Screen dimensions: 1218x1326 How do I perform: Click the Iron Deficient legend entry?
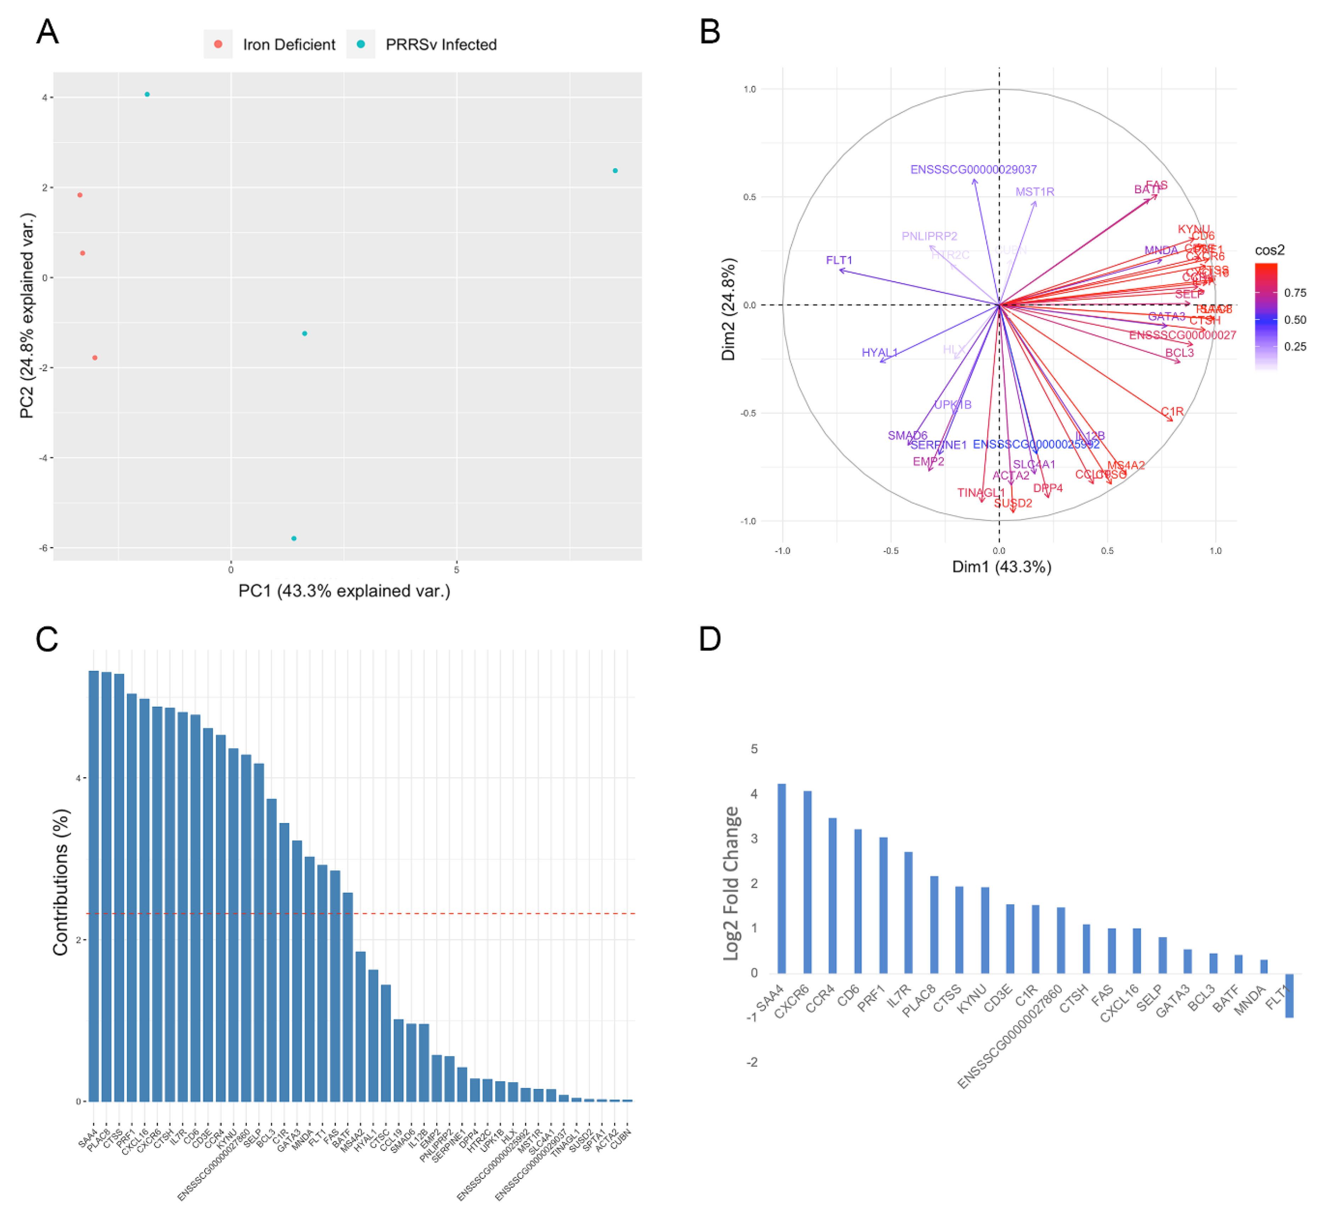click(x=288, y=44)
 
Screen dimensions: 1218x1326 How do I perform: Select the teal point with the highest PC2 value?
click(x=147, y=94)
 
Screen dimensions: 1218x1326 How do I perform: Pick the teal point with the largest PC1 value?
click(x=615, y=171)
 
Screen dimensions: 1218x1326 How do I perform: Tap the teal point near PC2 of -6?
click(x=294, y=539)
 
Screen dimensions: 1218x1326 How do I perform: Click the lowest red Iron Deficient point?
click(x=95, y=358)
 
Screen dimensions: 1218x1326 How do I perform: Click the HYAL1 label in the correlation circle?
click(x=879, y=352)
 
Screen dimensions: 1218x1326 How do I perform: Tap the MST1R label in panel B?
click(x=1035, y=192)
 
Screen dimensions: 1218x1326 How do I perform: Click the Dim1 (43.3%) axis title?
click(x=1001, y=567)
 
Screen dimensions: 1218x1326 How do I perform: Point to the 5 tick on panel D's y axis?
click(x=754, y=749)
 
